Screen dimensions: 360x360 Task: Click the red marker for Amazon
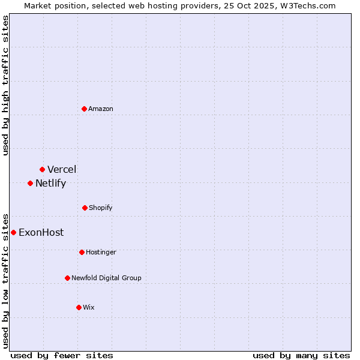pos(85,109)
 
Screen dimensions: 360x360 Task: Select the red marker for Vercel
pos(42,169)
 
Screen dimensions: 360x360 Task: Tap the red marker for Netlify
pos(30,183)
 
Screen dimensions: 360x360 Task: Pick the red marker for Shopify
pos(85,208)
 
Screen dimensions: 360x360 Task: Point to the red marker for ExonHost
pos(13,232)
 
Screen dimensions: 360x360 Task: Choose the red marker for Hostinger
pos(82,252)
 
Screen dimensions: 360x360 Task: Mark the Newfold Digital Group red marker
pos(67,278)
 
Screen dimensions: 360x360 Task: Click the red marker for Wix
pos(79,307)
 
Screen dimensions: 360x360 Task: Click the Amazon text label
pos(101,109)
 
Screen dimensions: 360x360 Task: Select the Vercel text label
pos(62,169)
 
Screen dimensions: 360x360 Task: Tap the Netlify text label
pos(50,184)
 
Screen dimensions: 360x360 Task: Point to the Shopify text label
pos(101,208)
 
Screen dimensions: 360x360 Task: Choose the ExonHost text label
pos(41,232)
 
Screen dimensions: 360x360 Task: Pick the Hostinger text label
pos(101,252)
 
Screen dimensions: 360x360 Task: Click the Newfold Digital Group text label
pos(106,278)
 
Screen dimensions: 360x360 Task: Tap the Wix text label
pos(89,307)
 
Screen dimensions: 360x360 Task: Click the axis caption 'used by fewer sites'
pos(62,355)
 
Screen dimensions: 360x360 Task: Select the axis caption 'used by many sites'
pos(301,355)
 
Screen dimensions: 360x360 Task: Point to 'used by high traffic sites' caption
pos(5,85)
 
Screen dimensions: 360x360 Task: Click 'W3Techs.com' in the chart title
pos(310,5)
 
